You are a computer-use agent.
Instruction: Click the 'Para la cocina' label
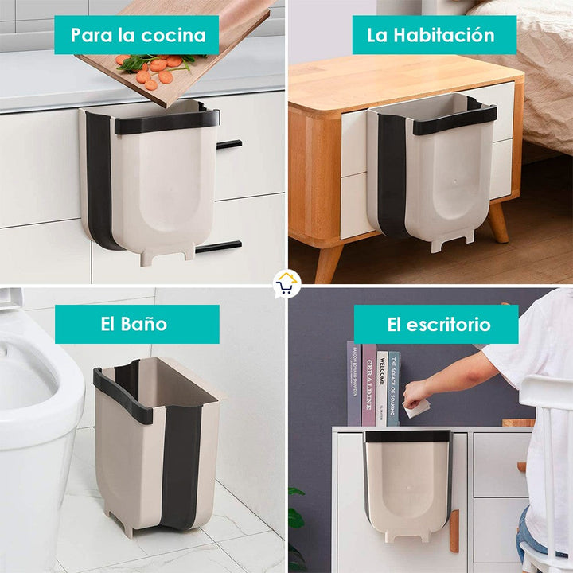click(x=137, y=35)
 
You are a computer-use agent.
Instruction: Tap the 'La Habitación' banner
click(x=431, y=35)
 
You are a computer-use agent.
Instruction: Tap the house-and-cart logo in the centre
click(x=286, y=284)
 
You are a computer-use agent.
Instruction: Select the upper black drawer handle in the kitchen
click(x=228, y=145)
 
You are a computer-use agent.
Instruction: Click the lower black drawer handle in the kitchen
click(x=219, y=248)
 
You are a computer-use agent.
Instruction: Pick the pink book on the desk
click(x=369, y=384)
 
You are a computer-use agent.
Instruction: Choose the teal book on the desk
click(x=394, y=388)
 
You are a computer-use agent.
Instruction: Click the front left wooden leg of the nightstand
click(x=328, y=263)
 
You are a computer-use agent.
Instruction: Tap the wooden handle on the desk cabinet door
click(x=454, y=531)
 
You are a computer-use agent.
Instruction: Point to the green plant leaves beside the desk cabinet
click(x=296, y=517)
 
